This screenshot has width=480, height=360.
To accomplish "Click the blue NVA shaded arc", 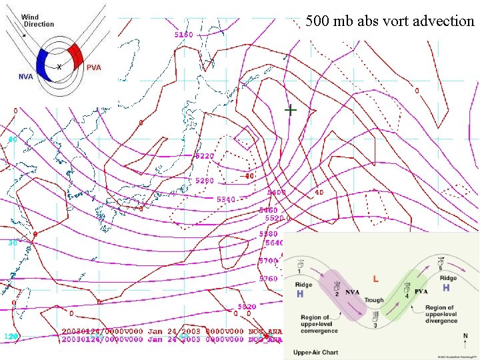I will point(45,64).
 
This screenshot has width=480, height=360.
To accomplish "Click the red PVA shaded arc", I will point(74,56).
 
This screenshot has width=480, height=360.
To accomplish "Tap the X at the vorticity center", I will point(59,67).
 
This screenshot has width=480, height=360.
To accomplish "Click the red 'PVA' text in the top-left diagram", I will point(94,68).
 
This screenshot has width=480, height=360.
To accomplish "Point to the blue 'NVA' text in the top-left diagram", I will point(26,77).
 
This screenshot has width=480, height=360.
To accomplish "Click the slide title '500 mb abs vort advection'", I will point(390,21).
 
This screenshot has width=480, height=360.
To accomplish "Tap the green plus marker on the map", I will point(291,109).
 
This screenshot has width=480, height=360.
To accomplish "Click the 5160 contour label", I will point(184,34).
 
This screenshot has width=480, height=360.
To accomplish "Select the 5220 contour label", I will point(205,156).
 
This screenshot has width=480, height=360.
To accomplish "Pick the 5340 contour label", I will point(226,199).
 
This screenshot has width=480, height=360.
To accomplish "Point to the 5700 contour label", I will point(269,261).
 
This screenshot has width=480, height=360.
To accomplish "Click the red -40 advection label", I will point(247,176).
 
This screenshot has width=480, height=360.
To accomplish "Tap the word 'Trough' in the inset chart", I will point(373,301).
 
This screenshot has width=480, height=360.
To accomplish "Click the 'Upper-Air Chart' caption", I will point(312,351).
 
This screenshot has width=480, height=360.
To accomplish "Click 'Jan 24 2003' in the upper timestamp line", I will point(164,331).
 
